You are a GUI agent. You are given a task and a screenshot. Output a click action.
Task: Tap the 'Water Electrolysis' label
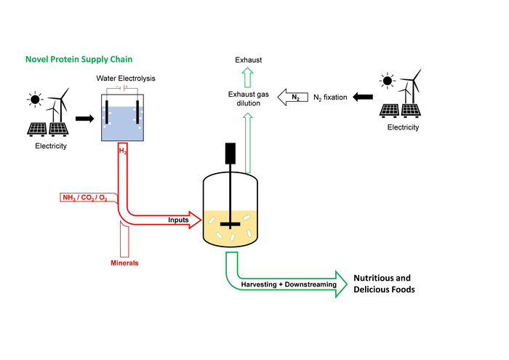(x=125, y=79)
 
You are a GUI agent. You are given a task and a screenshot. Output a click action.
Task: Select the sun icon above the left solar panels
(x=34, y=100)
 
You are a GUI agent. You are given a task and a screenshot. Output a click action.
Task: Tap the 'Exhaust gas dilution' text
(x=249, y=99)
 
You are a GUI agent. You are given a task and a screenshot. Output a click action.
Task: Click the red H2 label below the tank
(x=123, y=151)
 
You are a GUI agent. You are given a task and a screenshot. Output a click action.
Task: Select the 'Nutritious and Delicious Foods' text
(x=382, y=284)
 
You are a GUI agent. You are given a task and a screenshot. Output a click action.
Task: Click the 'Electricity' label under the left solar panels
(x=50, y=146)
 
